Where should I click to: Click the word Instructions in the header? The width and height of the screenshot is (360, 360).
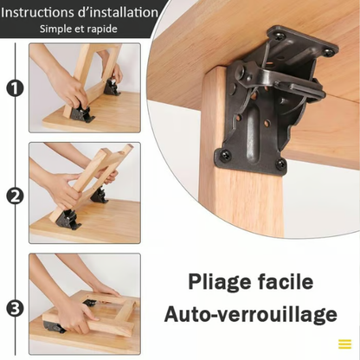pyautogui.click(x=41, y=13)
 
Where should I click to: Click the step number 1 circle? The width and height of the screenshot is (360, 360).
pyautogui.click(x=14, y=87)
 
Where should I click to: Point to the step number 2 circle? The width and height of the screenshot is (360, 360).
pyautogui.click(x=14, y=195)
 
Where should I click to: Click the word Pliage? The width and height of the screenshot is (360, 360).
pyautogui.click(x=223, y=283)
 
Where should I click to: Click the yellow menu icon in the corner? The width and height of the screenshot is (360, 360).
pyautogui.click(x=344, y=344)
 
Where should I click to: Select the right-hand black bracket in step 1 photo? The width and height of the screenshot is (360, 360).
pyautogui.click(x=112, y=87)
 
